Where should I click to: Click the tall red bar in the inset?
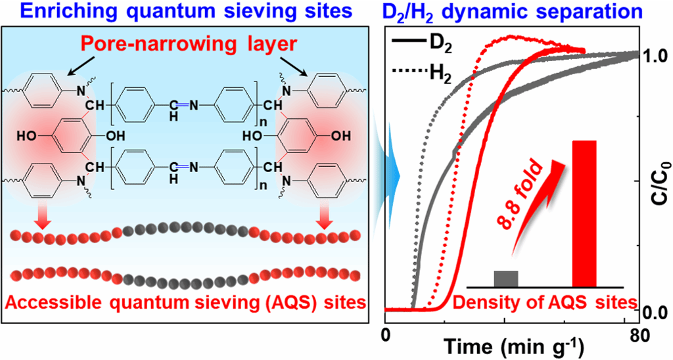pos(584,214)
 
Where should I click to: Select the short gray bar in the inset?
pos(506,279)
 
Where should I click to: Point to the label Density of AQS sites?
pos(545,303)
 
